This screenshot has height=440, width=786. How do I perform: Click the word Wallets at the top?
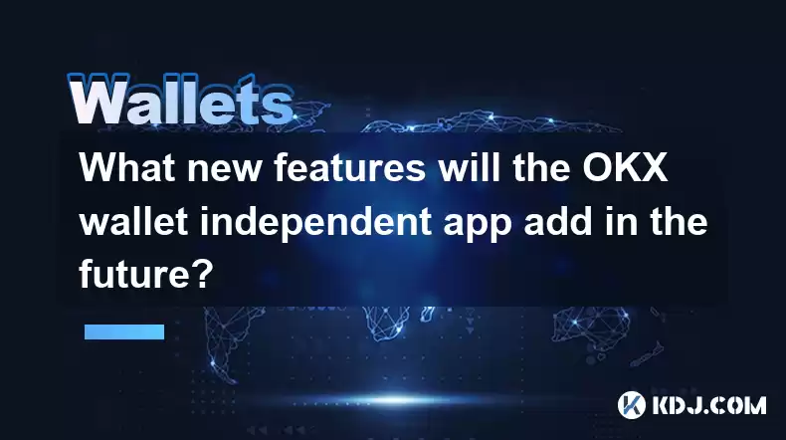pyautogui.click(x=181, y=100)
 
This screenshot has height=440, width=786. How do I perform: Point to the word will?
pyautogui.click(x=470, y=167)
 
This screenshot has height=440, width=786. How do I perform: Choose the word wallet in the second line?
pyautogui.click(x=134, y=221)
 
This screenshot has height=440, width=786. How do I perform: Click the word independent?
pyautogui.click(x=315, y=225)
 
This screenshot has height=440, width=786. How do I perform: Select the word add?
pyautogui.click(x=559, y=221)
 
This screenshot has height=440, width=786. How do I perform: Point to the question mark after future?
pyautogui.click(x=204, y=275)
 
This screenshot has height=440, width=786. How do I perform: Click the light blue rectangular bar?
pyautogui.click(x=124, y=331)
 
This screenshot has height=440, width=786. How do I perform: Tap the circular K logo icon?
pyautogui.click(x=632, y=405)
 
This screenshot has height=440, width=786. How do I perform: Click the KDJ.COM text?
pyautogui.click(x=709, y=405)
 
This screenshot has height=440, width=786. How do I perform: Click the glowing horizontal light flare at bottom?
pyautogui.click(x=396, y=400)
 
